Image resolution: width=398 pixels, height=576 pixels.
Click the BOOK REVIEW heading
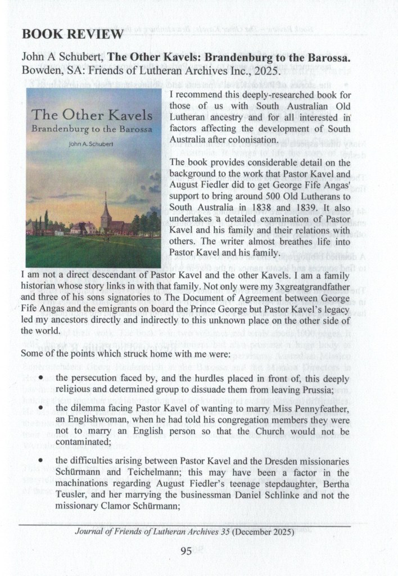coord(72,34)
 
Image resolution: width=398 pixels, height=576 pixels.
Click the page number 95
coord(187,551)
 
